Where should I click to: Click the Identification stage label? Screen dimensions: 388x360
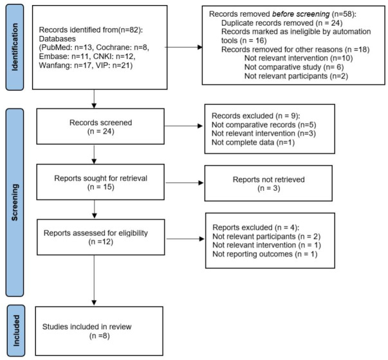click(x=15, y=47)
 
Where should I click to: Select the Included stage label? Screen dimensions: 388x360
click(x=16, y=330)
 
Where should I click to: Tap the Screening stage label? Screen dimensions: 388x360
click(x=15, y=203)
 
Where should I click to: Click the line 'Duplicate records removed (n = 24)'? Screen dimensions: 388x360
click(x=282, y=23)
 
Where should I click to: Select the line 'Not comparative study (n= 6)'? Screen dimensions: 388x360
click(x=294, y=67)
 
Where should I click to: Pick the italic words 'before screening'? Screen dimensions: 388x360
click(x=301, y=14)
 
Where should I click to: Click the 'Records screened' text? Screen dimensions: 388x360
click(x=101, y=123)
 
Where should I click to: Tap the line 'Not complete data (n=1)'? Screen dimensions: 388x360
click(x=253, y=143)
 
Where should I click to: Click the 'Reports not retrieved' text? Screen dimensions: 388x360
click(x=269, y=179)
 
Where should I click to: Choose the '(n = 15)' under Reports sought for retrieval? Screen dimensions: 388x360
click(x=101, y=187)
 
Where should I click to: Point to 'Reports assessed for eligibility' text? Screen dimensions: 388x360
click(x=96, y=233)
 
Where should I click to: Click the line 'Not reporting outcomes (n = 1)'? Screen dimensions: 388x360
click(x=265, y=254)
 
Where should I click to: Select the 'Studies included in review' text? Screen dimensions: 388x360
click(x=87, y=327)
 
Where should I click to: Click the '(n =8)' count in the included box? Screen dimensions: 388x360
click(x=100, y=336)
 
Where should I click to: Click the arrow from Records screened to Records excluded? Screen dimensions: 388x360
click(x=183, y=126)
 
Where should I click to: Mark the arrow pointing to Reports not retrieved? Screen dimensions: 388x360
click(x=185, y=183)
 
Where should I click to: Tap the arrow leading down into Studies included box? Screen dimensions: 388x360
click(x=94, y=280)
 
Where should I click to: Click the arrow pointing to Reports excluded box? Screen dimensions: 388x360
click(x=185, y=239)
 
